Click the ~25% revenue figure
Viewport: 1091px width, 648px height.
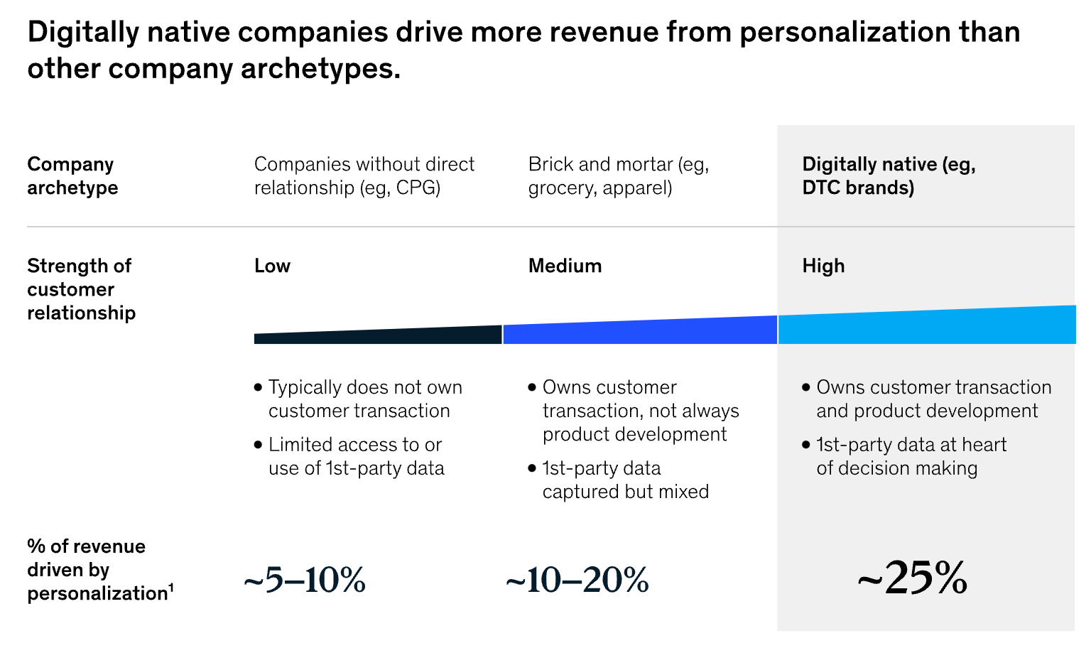pos(912,578)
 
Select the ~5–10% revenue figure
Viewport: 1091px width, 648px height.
pos(304,580)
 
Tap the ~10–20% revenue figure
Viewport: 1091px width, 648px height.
pos(577,580)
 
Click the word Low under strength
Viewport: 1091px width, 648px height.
pos(272,266)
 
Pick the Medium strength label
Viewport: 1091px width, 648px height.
pos(565,266)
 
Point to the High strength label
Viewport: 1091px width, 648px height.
pos(823,266)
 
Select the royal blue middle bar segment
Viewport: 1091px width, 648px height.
pos(639,332)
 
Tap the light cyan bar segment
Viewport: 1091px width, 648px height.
pos(923,327)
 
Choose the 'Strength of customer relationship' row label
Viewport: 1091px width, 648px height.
pos(81,289)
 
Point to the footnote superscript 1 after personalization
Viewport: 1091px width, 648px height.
pos(171,587)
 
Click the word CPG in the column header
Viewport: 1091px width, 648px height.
pos(418,188)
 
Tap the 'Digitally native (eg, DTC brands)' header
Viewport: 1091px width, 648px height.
pos(888,175)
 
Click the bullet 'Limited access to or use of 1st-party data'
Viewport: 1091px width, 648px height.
pos(355,456)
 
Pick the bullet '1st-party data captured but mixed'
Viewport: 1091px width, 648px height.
pos(625,480)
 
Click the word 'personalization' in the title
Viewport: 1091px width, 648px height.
pos(842,32)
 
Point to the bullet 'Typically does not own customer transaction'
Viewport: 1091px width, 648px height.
pos(364,399)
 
